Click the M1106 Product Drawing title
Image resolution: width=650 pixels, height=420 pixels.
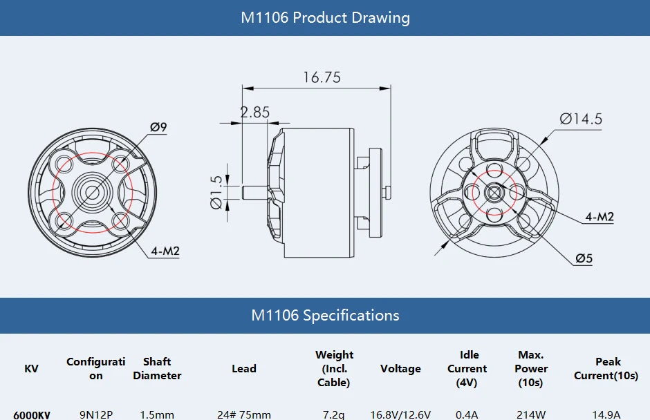[x=325, y=18]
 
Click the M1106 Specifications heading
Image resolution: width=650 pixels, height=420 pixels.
[x=325, y=316]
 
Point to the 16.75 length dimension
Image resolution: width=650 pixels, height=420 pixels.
[x=322, y=77]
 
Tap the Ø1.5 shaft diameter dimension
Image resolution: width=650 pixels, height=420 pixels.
[x=216, y=191]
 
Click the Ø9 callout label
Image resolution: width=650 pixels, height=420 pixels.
[x=158, y=127]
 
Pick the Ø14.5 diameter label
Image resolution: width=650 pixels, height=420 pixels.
[x=581, y=119]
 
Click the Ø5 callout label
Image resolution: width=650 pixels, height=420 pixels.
[x=584, y=258]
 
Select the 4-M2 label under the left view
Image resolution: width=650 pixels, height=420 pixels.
[x=165, y=251]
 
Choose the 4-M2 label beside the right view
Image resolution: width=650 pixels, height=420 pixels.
[x=599, y=216]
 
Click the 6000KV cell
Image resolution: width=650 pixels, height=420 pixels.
[x=32, y=414]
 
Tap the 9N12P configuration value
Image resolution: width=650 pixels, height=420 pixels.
[x=96, y=414]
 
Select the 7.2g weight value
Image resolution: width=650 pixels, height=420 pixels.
[x=334, y=414]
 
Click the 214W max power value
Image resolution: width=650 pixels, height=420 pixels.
[x=531, y=414]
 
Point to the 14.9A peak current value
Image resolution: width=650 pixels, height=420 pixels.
[x=608, y=414]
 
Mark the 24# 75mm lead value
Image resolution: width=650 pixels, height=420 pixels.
[x=244, y=414]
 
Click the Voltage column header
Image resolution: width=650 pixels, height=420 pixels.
[x=400, y=369]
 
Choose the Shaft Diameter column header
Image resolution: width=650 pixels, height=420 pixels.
[x=157, y=369]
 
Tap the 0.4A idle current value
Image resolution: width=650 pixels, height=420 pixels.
[x=467, y=414]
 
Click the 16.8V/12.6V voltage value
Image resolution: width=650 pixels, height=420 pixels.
[x=400, y=414]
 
